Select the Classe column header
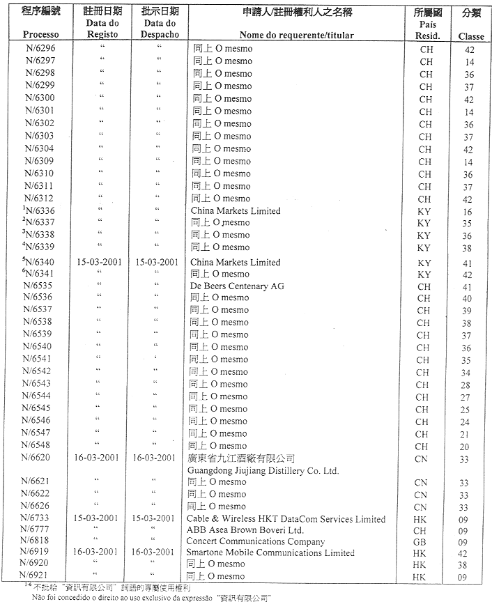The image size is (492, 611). click(x=471, y=36)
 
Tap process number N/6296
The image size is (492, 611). click(x=40, y=49)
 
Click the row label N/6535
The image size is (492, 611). click(x=38, y=286)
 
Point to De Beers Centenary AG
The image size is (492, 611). click(x=237, y=286)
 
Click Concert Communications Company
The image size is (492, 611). click(x=256, y=541)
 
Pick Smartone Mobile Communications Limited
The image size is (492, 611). click(x=270, y=552)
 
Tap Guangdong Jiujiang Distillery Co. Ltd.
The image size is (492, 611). click(x=263, y=470)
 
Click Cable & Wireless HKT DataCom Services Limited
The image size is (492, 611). click(x=286, y=518)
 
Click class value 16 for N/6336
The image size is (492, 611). click(x=467, y=211)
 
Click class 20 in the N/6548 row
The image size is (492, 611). click(x=465, y=447)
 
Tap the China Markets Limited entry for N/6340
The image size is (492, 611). click(x=236, y=262)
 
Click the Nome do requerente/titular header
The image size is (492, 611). click(x=296, y=35)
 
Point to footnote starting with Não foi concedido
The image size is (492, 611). click(x=147, y=598)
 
